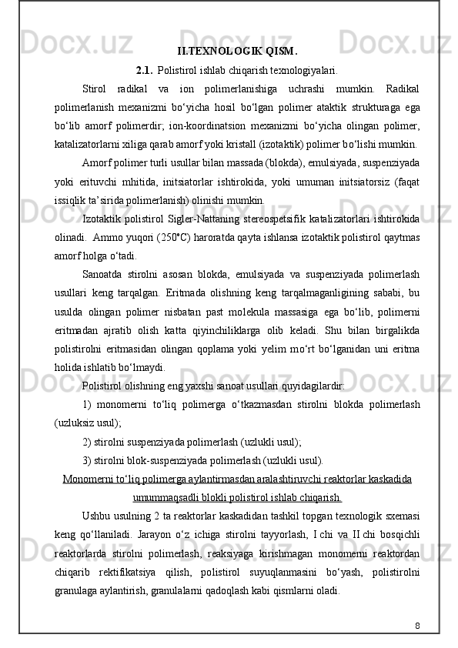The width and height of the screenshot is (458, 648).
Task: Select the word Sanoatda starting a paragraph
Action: pyautogui.click(x=105, y=273)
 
